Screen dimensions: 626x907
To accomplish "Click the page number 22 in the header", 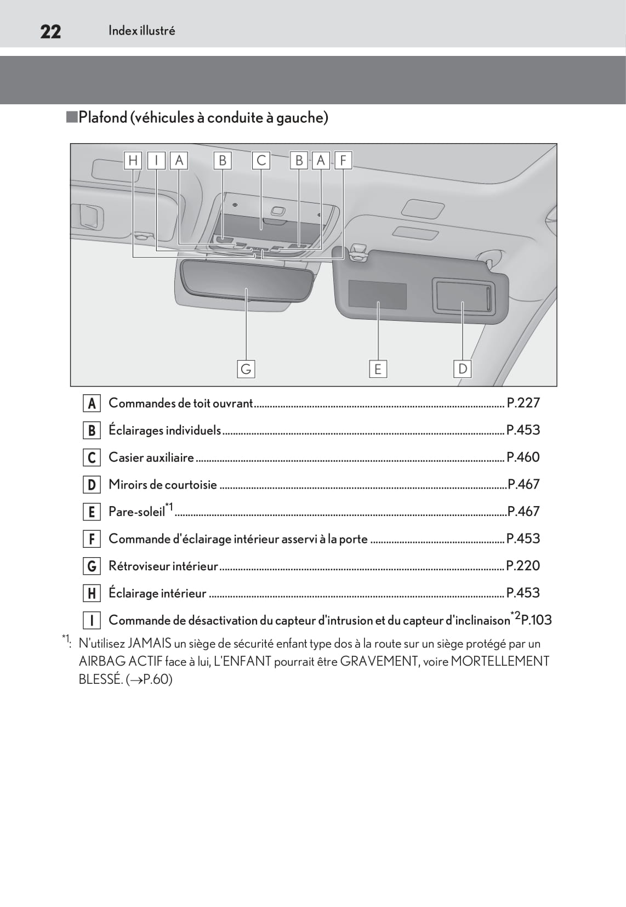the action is [50, 32].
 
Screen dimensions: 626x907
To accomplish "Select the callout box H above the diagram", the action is [133, 160].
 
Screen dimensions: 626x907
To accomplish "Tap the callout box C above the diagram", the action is [261, 160].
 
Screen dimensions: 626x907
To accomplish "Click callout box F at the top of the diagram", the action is [343, 160].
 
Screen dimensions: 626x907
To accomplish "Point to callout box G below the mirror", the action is [246, 369].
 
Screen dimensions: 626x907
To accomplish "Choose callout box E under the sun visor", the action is [378, 369].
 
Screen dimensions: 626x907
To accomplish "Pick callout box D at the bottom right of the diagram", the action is [463, 369].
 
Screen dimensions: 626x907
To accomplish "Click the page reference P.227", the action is [523, 403].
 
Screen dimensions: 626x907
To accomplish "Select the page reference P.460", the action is [523, 457].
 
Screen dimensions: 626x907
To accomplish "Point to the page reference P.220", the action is [523, 566].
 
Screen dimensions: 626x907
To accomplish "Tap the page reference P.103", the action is [536, 620].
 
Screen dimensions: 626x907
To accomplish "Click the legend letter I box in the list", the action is [92, 620].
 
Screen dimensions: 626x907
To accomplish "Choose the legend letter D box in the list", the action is [92, 485].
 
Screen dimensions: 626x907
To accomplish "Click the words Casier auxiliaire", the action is [151, 457].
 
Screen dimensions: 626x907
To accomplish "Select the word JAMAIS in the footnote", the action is [149, 643].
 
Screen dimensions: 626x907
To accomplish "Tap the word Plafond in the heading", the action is [103, 117].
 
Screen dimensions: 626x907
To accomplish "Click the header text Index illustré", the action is [141, 31].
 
